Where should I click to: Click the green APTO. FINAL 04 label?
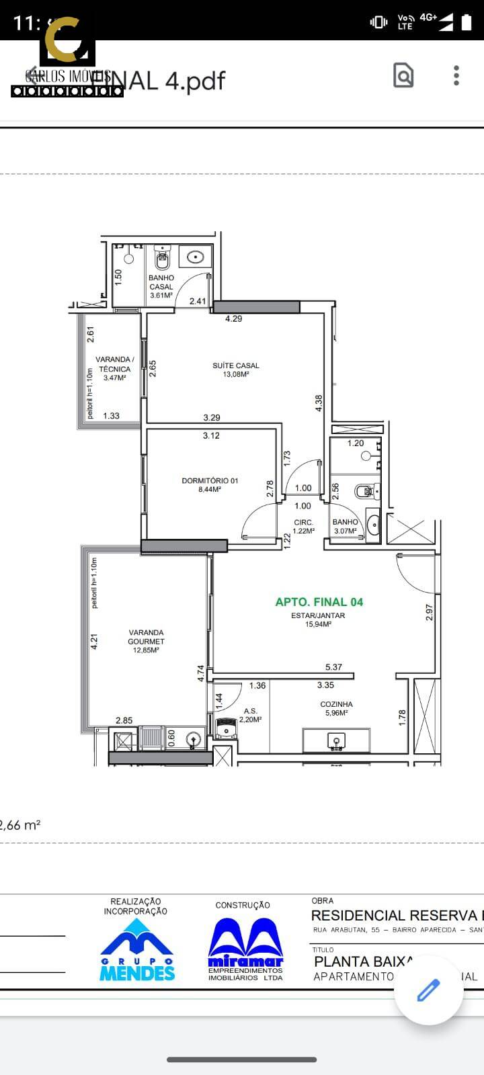click(319, 602)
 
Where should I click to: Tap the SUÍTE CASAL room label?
click(236, 370)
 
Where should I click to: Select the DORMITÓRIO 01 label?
click(210, 484)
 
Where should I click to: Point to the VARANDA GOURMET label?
click(146, 641)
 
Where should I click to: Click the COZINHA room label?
click(336, 708)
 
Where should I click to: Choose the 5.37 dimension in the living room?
click(333, 667)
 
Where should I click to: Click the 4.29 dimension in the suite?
click(233, 318)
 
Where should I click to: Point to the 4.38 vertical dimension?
click(319, 403)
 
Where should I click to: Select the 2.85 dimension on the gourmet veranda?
click(124, 720)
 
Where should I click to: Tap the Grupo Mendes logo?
click(137, 949)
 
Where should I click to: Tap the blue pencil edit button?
click(428, 990)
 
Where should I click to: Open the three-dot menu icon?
click(456, 75)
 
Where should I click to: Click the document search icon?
click(403, 75)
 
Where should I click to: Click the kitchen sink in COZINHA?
click(335, 740)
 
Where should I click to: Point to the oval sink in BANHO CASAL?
click(196, 256)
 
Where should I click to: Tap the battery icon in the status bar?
click(467, 22)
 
